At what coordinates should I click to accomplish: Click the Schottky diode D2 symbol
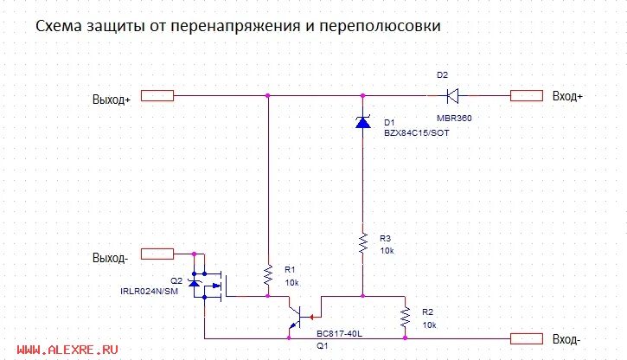(449, 95)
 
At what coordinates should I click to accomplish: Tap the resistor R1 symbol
(268, 275)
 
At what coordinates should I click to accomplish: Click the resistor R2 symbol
(404, 318)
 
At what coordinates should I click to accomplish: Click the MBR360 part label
(454, 117)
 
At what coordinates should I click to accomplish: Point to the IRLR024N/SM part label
(150, 292)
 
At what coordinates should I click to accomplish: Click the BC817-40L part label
(338, 332)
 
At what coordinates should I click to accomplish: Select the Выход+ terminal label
(112, 99)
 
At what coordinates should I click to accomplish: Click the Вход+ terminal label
(568, 96)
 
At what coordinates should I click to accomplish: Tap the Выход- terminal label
(110, 257)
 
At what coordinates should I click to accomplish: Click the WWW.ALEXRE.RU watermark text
(67, 350)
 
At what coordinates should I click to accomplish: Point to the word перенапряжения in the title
(234, 28)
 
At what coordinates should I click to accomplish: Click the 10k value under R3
(387, 250)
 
